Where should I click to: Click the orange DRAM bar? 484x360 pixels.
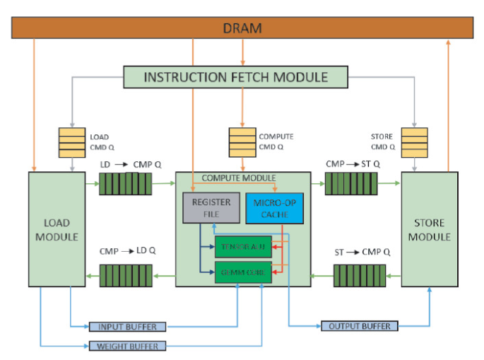click(x=242, y=28)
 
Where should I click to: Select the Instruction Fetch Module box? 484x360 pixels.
click(x=235, y=76)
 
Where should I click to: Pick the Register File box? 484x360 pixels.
click(x=211, y=208)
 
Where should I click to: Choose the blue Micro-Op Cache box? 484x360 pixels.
click(x=275, y=208)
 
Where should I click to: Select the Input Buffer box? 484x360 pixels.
click(x=127, y=327)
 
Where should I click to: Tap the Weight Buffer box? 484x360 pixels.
click(x=127, y=346)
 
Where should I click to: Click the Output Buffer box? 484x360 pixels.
click(x=359, y=326)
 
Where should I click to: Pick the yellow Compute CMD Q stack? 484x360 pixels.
click(x=242, y=141)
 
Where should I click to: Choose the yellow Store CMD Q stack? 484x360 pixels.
click(x=414, y=141)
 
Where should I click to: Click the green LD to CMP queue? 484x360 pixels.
click(x=118, y=185)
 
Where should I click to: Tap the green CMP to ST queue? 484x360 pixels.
click(x=351, y=185)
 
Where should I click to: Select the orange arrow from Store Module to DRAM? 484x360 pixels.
click(x=449, y=106)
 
